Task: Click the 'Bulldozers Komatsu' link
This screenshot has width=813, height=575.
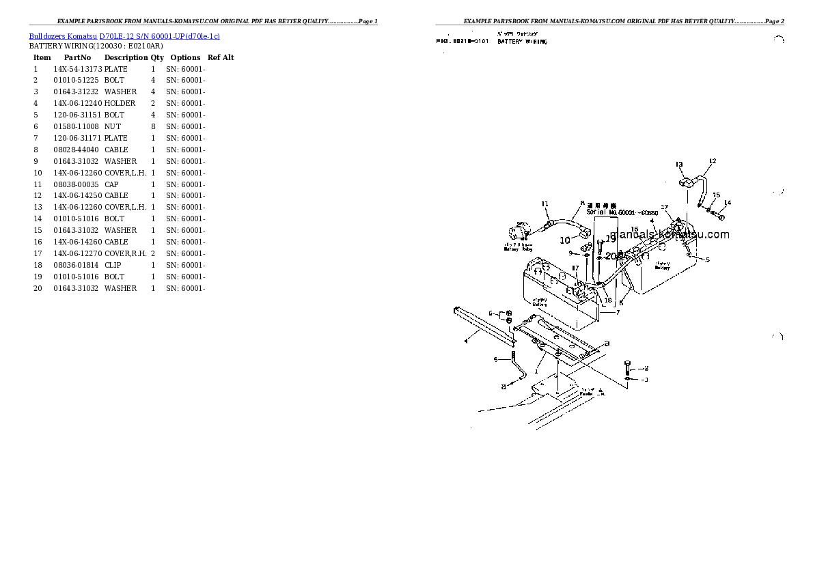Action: point(63,36)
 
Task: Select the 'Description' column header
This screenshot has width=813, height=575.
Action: point(126,57)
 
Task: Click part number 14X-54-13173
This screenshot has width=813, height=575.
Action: point(77,69)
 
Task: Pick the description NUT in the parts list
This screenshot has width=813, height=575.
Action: point(113,126)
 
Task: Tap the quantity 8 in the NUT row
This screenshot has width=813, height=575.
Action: point(153,126)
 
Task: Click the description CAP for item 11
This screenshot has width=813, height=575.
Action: point(112,184)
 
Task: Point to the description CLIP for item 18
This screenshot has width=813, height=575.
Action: point(113,265)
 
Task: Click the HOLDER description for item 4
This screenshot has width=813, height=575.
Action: point(120,103)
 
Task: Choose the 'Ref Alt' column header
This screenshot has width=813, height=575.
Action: point(221,57)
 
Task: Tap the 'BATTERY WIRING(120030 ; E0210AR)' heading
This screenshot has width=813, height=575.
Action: point(96,46)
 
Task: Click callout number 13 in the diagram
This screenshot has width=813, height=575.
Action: point(679,165)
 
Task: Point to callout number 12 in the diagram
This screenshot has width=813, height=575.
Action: point(712,161)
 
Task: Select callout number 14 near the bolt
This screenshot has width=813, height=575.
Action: point(727,202)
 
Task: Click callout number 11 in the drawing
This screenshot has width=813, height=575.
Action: point(545,204)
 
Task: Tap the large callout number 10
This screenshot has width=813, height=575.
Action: point(565,240)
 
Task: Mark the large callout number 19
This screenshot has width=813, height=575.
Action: point(610,238)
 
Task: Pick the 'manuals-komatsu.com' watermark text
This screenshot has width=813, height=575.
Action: point(669,235)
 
